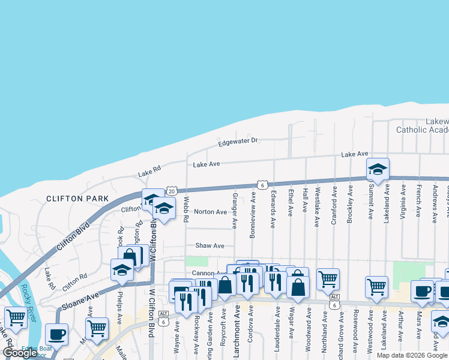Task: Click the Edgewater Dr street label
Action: (238, 141)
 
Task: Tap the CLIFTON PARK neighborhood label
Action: (78, 199)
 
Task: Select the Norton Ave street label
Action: (210, 212)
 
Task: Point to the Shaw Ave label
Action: (209, 246)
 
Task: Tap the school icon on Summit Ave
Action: (378, 170)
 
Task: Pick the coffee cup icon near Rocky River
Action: (56, 334)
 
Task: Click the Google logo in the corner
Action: (20, 353)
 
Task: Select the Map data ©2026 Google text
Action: (411, 355)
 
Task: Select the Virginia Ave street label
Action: (402, 204)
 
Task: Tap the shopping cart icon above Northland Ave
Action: (328, 279)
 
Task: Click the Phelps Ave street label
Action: (121, 307)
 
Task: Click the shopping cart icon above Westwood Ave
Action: (376, 286)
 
